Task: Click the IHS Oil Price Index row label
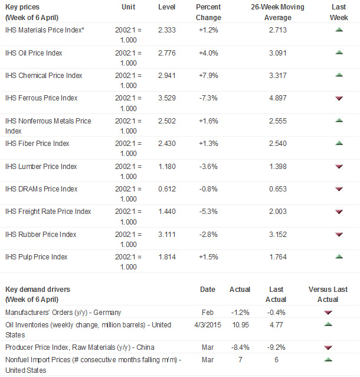[x=34, y=53]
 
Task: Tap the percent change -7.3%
[x=207, y=98]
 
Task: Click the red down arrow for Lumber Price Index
[x=339, y=167]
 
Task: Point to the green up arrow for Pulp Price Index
[x=339, y=256]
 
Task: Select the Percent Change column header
[x=208, y=11]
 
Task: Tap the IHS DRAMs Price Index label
[x=41, y=189]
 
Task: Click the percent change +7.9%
[x=207, y=76]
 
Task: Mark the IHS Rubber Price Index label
[x=41, y=235]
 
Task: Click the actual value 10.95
[x=240, y=324]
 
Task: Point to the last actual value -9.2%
[x=276, y=347]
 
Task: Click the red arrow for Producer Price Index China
[x=328, y=347]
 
